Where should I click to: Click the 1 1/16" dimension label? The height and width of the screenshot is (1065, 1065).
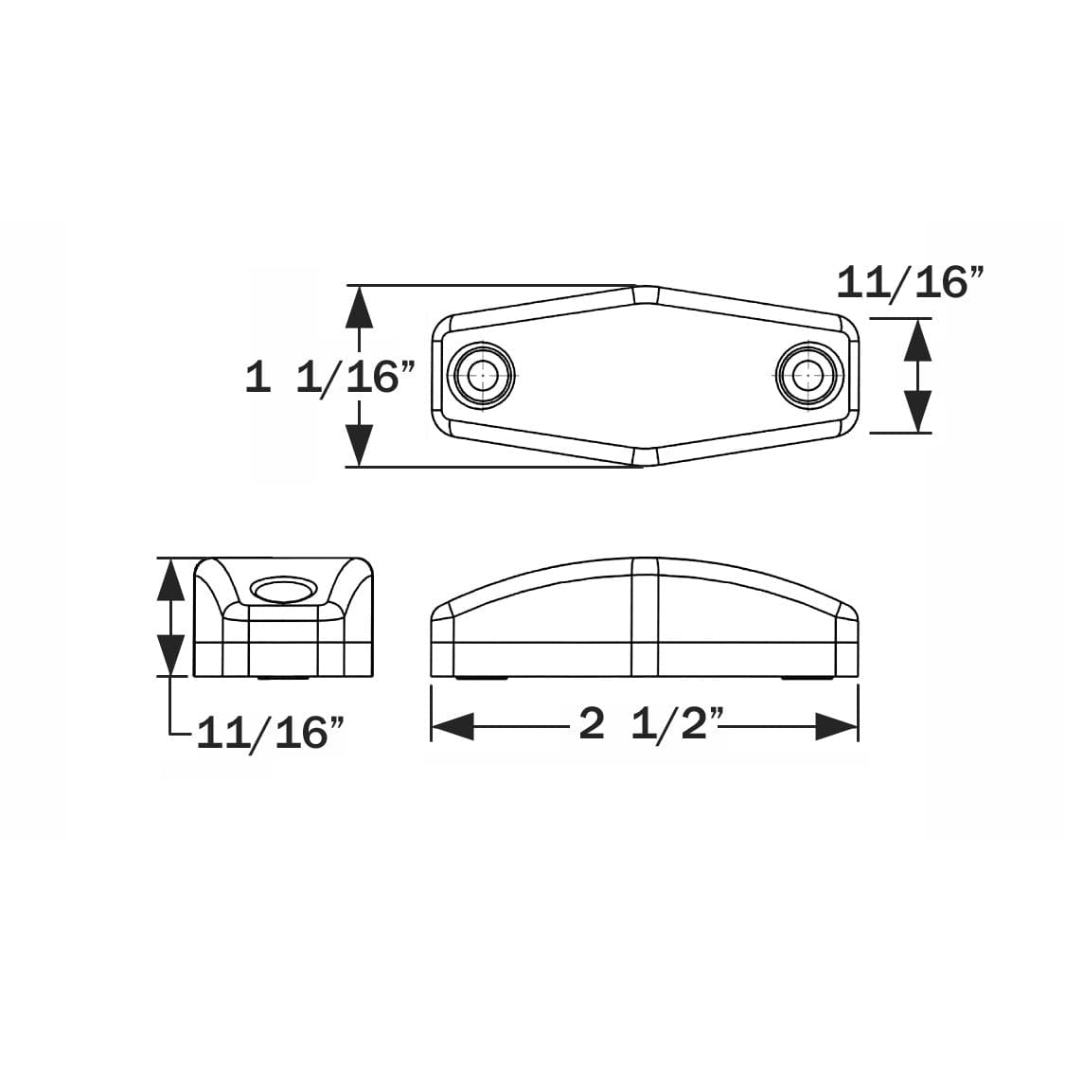click(329, 378)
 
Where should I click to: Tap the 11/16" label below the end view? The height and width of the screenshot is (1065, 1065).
click(269, 732)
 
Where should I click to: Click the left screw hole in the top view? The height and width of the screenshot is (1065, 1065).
click(485, 375)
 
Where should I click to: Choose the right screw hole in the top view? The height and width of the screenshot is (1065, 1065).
click(808, 375)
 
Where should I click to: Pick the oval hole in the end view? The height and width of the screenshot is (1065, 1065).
click(284, 592)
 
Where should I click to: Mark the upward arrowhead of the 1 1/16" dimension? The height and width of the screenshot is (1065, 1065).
click(359, 307)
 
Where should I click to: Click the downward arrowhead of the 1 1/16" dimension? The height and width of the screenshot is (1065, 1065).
click(359, 445)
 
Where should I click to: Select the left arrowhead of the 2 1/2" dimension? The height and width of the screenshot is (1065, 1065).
click(453, 727)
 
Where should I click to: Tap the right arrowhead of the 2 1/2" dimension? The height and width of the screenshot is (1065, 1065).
click(837, 727)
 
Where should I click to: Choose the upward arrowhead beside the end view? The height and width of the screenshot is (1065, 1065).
click(170, 579)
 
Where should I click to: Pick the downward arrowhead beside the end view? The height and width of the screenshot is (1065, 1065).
click(170, 654)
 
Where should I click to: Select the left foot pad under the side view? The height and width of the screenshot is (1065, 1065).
click(482, 678)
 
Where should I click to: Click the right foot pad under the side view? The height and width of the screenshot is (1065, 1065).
click(808, 678)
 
